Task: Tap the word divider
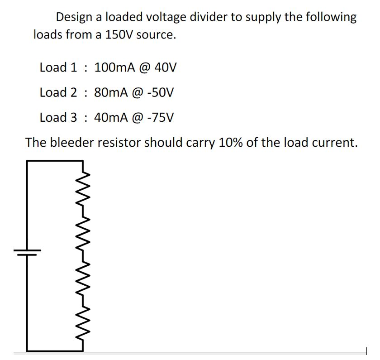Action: click(x=216, y=18)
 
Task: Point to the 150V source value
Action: click(x=119, y=35)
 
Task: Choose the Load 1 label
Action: click(x=58, y=68)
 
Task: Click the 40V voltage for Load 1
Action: click(x=165, y=68)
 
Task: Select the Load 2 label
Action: click(x=58, y=93)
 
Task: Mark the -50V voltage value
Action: click(x=159, y=93)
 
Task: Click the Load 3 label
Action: click(x=58, y=118)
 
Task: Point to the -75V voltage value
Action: click(x=159, y=118)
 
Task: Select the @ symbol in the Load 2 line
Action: click(x=137, y=93)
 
